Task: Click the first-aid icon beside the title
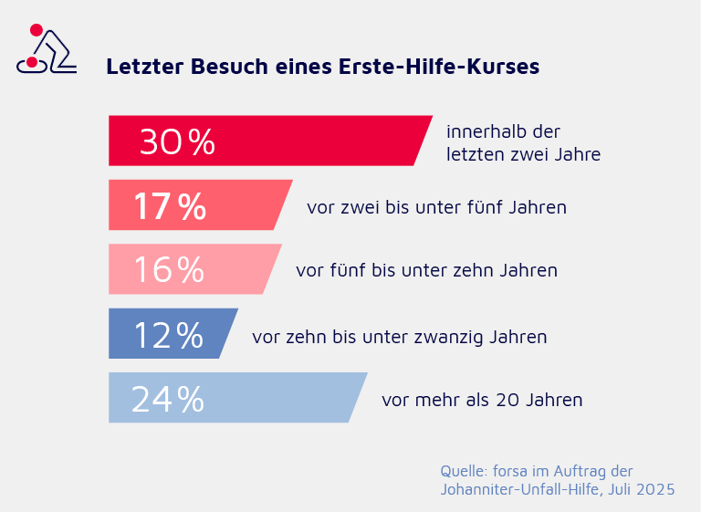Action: [47, 51]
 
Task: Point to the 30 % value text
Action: [177, 141]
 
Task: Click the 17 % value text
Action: [170, 206]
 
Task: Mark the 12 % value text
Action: [168, 335]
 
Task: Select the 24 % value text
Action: [167, 399]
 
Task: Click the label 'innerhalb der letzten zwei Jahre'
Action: [523, 143]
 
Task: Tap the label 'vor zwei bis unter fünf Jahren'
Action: [436, 207]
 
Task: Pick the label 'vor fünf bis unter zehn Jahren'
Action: [426, 271]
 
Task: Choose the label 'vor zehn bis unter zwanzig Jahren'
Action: [399, 337]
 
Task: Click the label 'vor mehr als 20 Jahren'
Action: [482, 400]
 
